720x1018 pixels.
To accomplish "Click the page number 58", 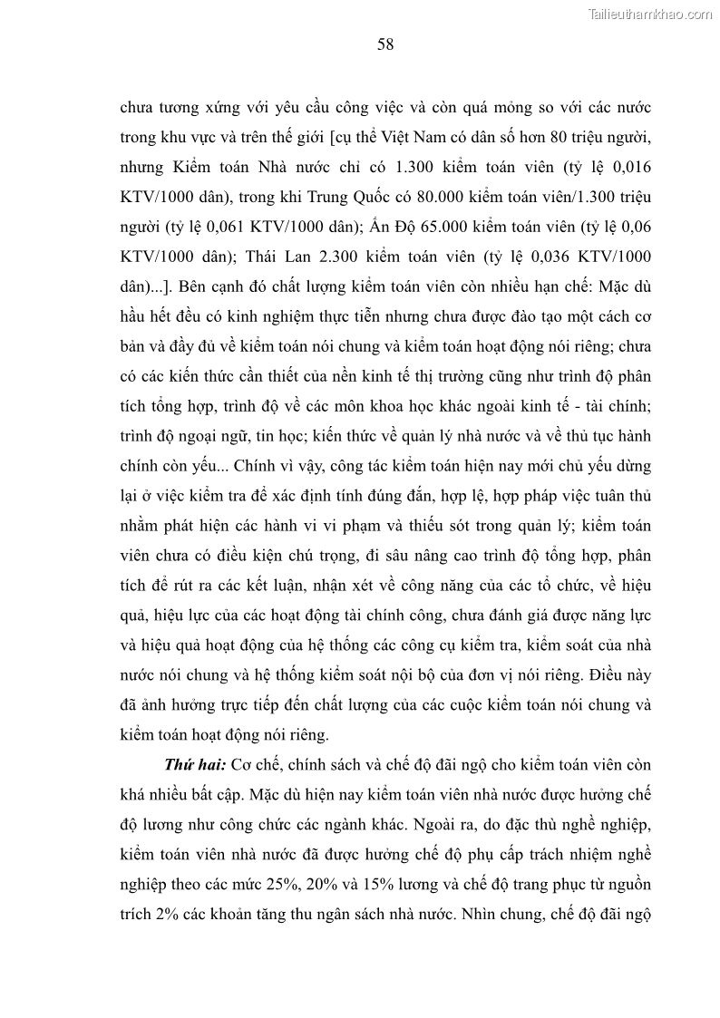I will tap(385, 45).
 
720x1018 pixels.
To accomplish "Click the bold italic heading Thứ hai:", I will tap(192, 765).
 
